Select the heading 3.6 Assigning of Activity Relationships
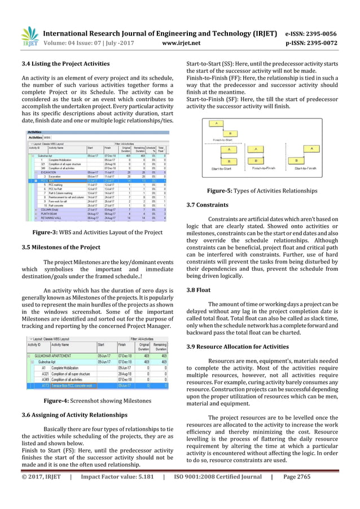click(74, 415)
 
